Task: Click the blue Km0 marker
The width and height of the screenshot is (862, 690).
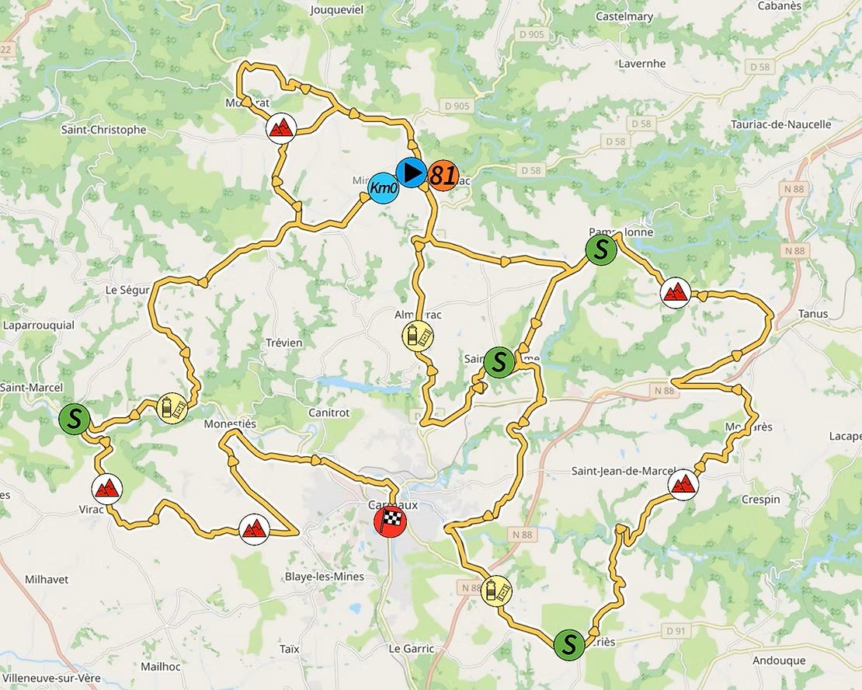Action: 383,187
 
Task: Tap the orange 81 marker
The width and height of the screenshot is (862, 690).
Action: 443,174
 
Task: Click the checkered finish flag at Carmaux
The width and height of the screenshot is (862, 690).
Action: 390,521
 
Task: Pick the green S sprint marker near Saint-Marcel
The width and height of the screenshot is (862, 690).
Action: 75,418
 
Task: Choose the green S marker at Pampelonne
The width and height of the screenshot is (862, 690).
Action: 600,249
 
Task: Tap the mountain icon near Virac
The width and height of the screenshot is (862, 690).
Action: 106,488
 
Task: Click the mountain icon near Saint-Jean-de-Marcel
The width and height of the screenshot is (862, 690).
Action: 683,484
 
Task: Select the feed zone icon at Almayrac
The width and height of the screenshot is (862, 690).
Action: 418,336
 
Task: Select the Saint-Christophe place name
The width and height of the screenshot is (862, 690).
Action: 103,130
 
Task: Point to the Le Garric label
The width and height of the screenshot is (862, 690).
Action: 412,648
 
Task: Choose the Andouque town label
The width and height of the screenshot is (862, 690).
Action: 757,660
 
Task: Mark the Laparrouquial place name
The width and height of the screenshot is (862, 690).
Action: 38,325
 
